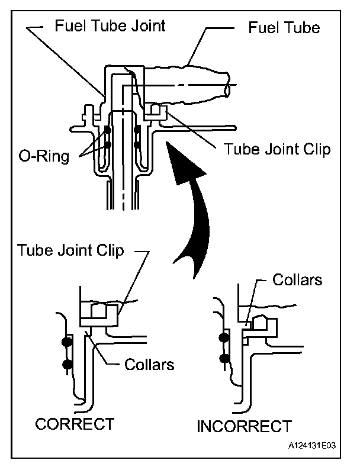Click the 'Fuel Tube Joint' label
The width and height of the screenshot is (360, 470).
pyautogui.click(x=110, y=27)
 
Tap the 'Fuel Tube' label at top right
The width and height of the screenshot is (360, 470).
pyautogui.click(x=284, y=27)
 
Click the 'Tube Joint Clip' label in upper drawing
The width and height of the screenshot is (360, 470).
pyautogui.click(x=277, y=148)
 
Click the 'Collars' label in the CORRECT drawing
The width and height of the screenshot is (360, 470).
pyautogui.click(x=149, y=363)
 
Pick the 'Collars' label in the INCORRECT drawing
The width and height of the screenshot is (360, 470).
pyautogui.click(x=297, y=279)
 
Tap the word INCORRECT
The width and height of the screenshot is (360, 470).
pyautogui.click(x=244, y=426)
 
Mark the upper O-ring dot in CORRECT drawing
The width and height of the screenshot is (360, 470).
pyautogui.click(x=67, y=342)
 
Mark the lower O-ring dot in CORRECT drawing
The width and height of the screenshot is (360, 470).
pyautogui.click(x=67, y=364)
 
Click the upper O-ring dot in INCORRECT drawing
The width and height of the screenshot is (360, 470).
pyautogui.click(x=224, y=337)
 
